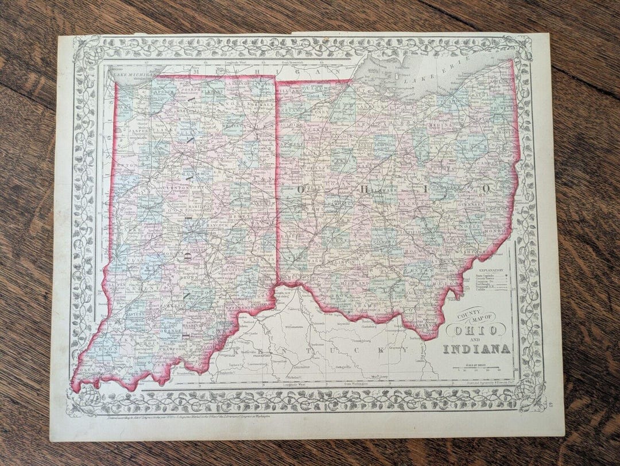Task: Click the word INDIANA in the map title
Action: point(476,349)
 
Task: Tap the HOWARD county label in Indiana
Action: point(202,172)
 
